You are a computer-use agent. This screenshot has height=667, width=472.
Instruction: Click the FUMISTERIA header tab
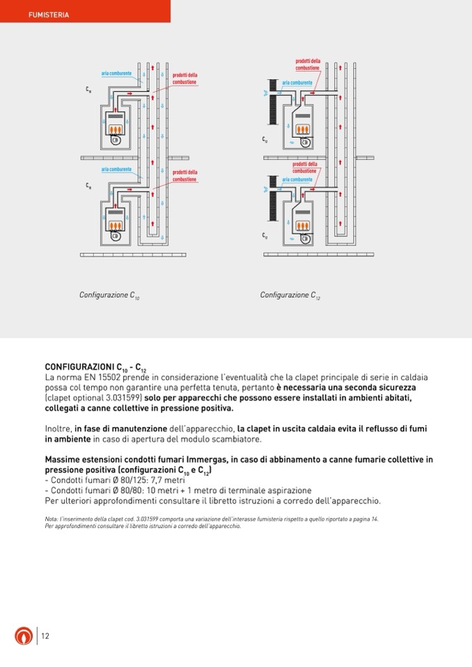tap(49, 15)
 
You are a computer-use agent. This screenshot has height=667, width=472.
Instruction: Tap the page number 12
tap(45, 636)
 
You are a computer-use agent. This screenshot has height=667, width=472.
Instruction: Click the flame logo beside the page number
tap(23, 636)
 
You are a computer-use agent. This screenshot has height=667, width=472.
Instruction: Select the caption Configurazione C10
tap(109, 296)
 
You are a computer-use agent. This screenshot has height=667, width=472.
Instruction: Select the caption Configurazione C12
tap(290, 296)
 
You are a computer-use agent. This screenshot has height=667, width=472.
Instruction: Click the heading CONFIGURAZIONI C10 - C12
tap(96, 367)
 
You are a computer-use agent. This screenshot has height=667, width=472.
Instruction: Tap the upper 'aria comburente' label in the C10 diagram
tap(116, 74)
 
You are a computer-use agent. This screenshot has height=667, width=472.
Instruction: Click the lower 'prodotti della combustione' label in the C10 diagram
tap(184, 176)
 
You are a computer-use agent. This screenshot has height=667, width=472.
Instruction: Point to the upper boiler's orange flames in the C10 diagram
tap(116, 129)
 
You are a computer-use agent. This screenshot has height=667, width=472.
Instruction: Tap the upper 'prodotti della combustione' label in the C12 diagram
tap(307, 65)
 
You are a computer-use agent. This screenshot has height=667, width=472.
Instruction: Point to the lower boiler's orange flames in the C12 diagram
tap(303, 227)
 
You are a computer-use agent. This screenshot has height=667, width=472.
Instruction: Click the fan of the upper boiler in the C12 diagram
tap(304, 143)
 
